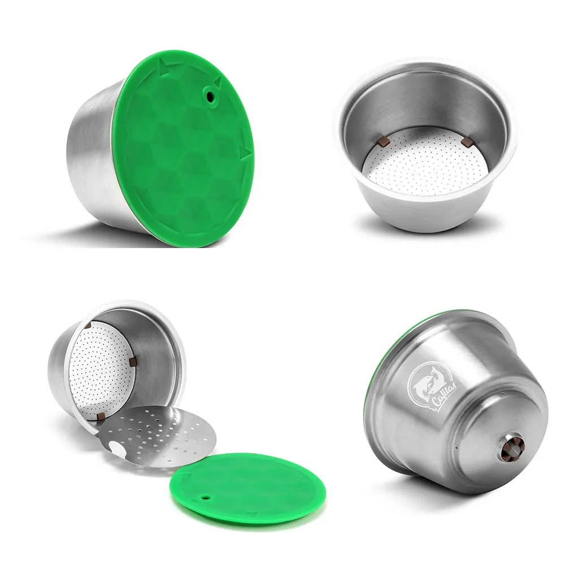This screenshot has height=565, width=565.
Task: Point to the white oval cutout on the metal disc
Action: (118, 450)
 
